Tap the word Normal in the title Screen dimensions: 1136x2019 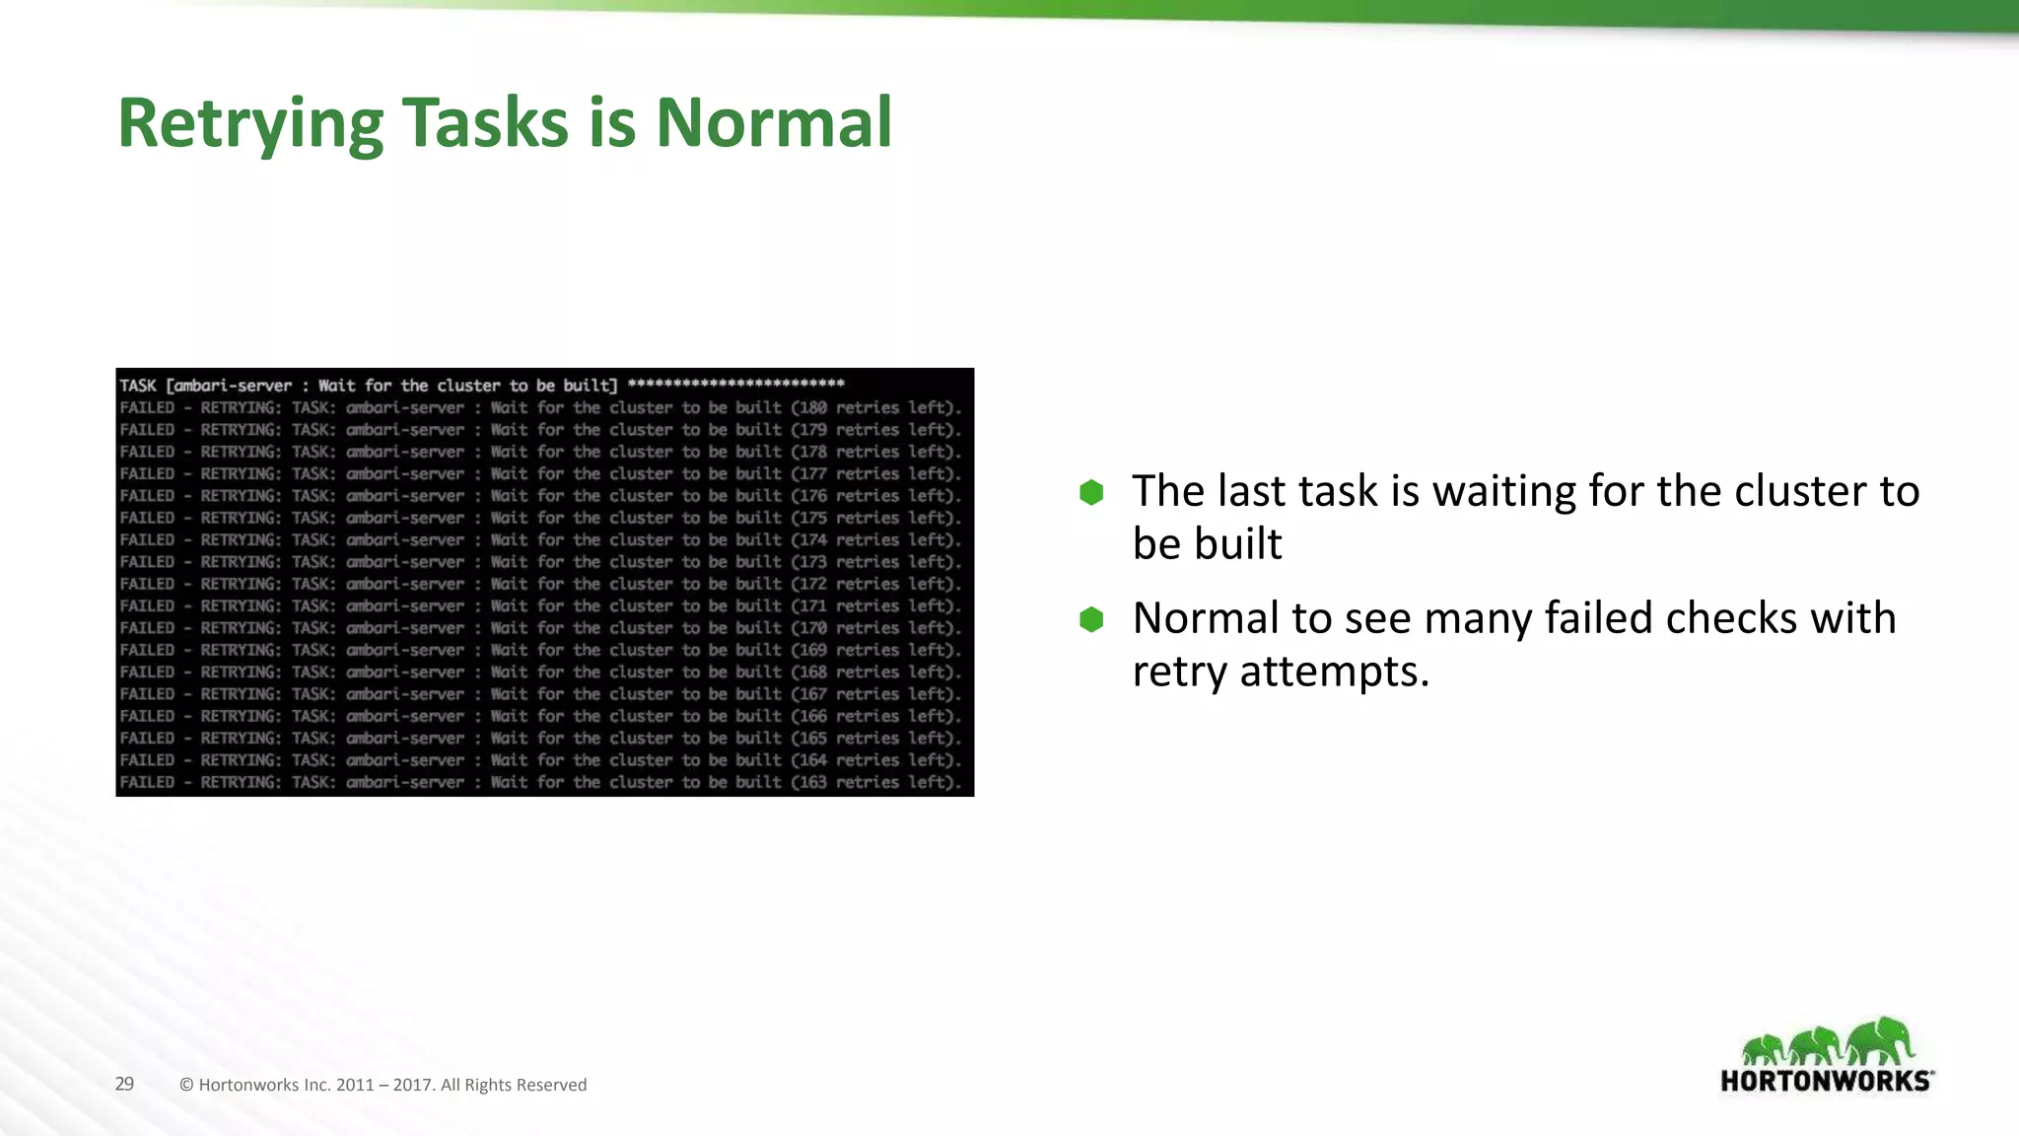click(774, 123)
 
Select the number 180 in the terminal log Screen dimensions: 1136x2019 click(813, 407)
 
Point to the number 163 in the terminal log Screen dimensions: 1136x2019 click(813, 782)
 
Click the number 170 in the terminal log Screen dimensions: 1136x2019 click(813, 628)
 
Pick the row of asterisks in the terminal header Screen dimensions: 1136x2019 click(735, 384)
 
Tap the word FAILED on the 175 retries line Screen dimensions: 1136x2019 click(147, 518)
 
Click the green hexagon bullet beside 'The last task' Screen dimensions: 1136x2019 click(1091, 492)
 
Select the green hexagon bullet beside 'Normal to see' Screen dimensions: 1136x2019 click(1091, 619)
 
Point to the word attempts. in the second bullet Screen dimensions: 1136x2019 click(1334, 672)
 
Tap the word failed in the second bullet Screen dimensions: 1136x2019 click(1598, 618)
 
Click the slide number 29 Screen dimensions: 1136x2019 click(124, 1084)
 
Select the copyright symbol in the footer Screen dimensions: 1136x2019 click(186, 1085)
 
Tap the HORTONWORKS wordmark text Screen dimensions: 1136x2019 click(1825, 1081)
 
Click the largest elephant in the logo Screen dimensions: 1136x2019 click(1880, 1041)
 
